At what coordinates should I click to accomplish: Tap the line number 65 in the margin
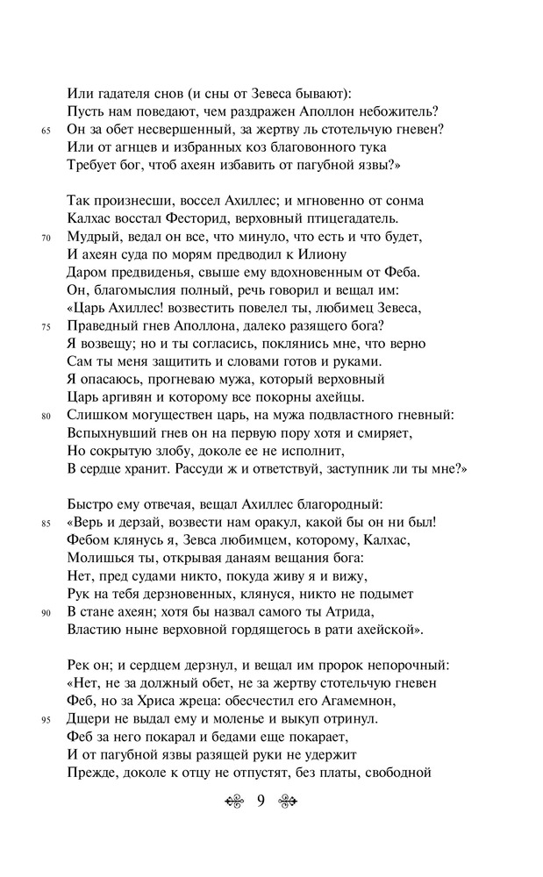click(46, 131)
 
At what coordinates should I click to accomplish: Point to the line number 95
click(46, 720)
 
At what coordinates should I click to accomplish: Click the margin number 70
click(46, 237)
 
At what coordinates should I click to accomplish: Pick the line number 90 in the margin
click(46, 612)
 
